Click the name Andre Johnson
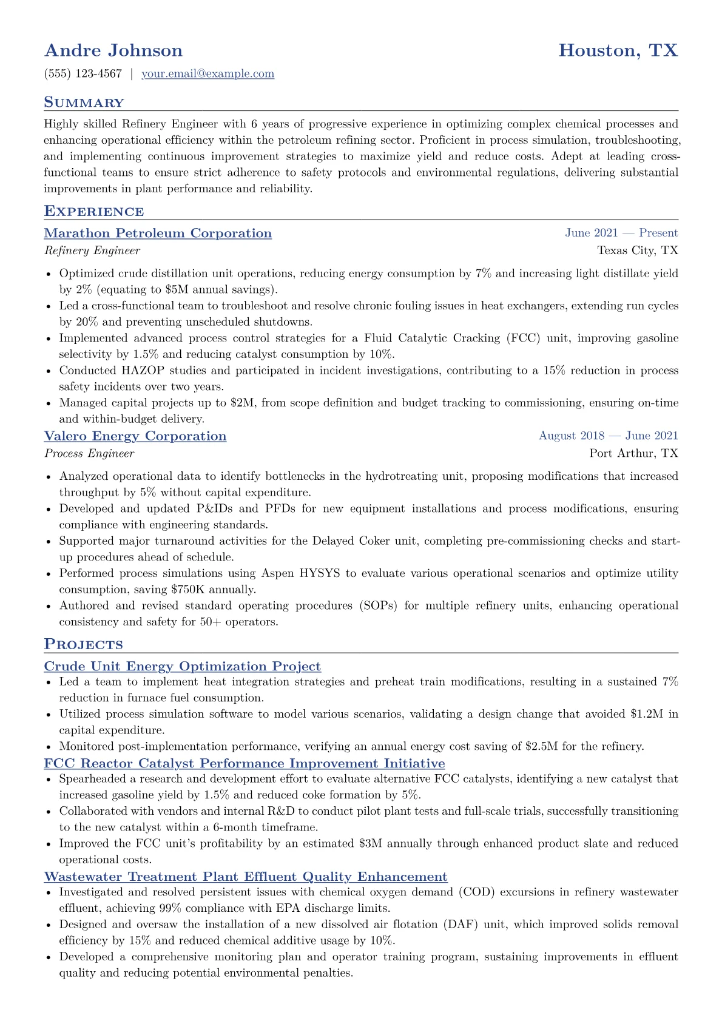[x=113, y=50]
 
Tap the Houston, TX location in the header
[x=618, y=50]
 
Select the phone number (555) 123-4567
[x=83, y=74]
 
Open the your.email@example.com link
[x=207, y=74]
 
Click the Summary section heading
[x=84, y=103]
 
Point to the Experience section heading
[x=94, y=212]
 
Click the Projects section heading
[x=83, y=645]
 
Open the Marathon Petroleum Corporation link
[x=158, y=234]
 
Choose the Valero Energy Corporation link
[x=135, y=436]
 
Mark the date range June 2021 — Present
[x=621, y=233]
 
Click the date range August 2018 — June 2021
[x=608, y=436]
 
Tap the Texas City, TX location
[x=638, y=251]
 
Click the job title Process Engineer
[x=89, y=453]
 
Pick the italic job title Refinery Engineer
[x=92, y=251]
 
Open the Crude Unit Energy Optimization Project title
[x=182, y=667]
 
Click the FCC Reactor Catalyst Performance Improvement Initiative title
[x=245, y=764]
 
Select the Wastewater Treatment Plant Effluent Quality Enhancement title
[x=246, y=877]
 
